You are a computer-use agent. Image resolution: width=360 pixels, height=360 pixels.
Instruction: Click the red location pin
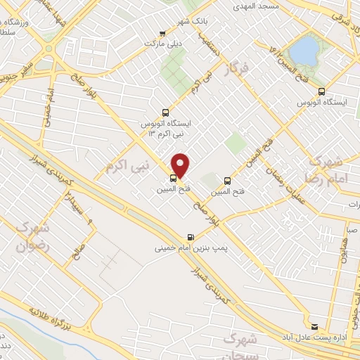coord(181,165)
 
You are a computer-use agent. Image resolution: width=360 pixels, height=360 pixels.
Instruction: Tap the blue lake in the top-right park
coord(304,50)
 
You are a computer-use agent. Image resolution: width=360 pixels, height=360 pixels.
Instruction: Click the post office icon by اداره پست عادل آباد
coord(314,327)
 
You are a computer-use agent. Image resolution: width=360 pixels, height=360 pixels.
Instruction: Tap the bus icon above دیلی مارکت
coord(163,32)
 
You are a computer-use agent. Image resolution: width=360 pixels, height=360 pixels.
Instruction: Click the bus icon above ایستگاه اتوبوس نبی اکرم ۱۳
coord(165,111)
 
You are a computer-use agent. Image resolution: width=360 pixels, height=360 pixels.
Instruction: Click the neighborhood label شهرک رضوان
coord(30,237)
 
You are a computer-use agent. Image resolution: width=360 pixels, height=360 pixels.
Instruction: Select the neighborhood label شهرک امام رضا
coord(324,169)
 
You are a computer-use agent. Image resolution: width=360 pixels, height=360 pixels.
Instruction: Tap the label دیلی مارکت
coord(158,44)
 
